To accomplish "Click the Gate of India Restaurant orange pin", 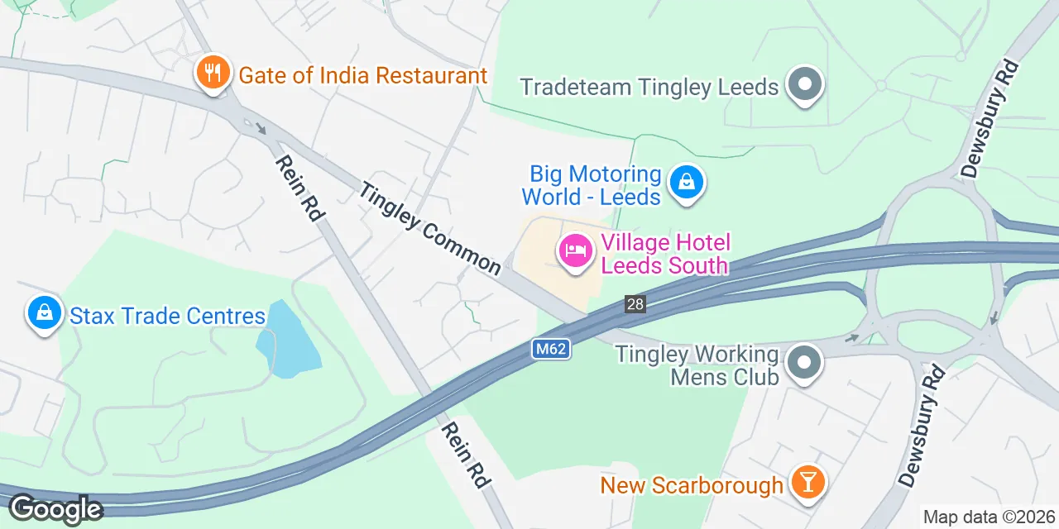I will point(213,73).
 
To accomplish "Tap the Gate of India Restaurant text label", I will point(362,76).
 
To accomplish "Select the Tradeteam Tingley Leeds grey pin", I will point(803,85).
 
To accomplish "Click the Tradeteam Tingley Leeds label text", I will point(649,86).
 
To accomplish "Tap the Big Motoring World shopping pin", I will point(686,183).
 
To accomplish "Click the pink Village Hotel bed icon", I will point(576,251).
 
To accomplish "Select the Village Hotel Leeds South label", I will point(665,254).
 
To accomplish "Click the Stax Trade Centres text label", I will point(168,316).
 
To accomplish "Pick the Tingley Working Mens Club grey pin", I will point(803,364).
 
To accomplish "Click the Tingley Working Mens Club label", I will point(697,365).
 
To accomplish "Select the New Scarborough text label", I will point(692,484).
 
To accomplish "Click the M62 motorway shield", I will point(549,349).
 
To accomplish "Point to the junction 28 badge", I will point(635,304).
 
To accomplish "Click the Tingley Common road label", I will point(430,228).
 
